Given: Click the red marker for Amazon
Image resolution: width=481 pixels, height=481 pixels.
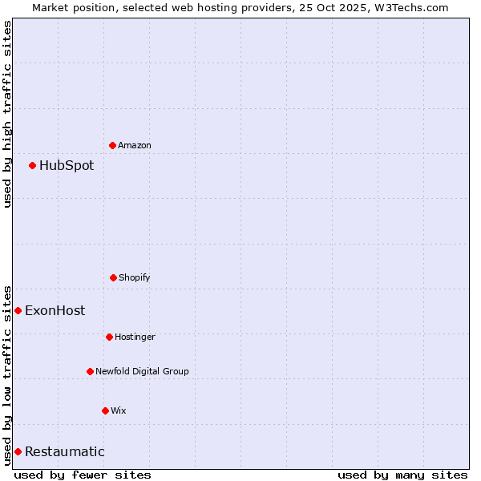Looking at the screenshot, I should click(112, 145).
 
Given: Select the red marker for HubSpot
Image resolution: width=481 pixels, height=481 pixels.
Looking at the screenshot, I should click(32, 165).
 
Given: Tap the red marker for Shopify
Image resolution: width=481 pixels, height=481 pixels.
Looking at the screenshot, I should click(113, 277).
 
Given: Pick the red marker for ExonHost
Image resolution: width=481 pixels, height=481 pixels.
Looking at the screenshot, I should click(18, 310).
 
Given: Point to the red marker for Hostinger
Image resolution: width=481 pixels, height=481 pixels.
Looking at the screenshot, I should click(109, 337).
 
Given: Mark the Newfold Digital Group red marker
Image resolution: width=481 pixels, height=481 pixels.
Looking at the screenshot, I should click(90, 371).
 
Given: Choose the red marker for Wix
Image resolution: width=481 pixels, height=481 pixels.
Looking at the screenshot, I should click(105, 410).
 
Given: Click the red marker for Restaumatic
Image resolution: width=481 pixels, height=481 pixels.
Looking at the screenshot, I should click(18, 451).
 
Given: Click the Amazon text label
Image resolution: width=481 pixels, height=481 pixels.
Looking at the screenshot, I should click(135, 145).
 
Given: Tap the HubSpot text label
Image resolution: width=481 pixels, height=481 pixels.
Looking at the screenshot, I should click(67, 166).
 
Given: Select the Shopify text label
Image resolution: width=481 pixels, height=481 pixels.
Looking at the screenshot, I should click(135, 277).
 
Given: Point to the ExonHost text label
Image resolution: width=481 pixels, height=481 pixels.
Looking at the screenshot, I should click(55, 311).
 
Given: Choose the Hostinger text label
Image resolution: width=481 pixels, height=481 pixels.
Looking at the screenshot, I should click(135, 337).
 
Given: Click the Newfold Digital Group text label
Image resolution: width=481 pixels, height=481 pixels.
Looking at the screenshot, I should click(142, 371).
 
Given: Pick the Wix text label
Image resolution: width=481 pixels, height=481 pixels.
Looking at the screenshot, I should click(119, 410).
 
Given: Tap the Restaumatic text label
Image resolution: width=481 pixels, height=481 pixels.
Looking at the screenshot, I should click(64, 452).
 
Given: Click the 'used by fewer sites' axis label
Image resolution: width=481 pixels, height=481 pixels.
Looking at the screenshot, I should click(83, 475).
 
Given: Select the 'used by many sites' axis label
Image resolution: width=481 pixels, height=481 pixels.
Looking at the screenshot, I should click(402, 475).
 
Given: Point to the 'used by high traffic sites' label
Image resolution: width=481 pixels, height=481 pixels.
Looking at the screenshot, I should click(7, 114).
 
